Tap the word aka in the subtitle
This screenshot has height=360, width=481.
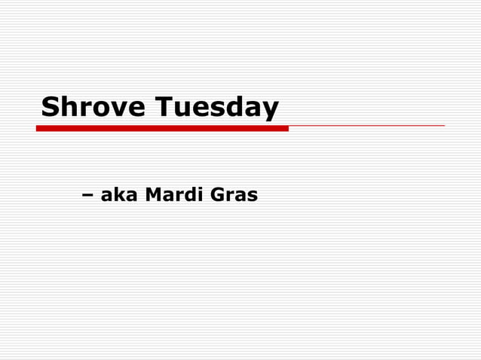[119, 195]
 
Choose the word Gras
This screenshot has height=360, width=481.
[234, 195]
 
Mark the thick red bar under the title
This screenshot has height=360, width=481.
[162, 129]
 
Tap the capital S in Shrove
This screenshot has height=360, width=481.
[51, 107]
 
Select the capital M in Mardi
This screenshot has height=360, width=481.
[153, 195]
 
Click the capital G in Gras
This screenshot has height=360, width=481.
[218, 195]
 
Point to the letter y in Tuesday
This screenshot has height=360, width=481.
[271, 111]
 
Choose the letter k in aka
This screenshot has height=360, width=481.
[119, 195]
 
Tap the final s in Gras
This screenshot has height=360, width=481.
[253, 197]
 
